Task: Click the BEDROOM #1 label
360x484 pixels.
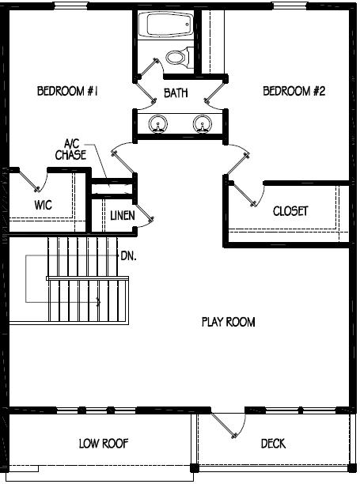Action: [x=67, y=92]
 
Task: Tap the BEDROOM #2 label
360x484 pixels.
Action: [x=294, y=92]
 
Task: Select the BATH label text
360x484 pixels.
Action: [x=176, y=93]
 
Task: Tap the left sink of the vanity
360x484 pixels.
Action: [x=159, y=123]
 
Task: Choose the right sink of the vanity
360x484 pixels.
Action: [x=202, y=123]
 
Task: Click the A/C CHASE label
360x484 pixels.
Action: [x=70, y=149]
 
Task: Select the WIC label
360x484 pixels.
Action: [x=44, y=205]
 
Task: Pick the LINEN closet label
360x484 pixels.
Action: [x=122, y=215]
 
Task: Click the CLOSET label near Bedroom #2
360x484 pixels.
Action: [x=290, y=212]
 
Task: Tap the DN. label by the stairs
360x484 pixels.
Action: [x=128, y=256]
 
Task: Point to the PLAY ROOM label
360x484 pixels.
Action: [x=229, y=322]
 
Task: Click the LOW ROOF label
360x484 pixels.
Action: [x=104, y=444]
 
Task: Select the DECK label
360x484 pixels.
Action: [x=273, y=444]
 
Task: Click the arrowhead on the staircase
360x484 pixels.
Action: [x=99, y=301]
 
